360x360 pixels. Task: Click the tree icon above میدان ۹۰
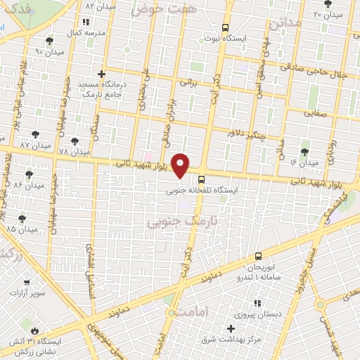[49, 41]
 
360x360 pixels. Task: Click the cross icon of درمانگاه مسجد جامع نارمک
[102, 73]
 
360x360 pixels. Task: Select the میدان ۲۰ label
[328, 14]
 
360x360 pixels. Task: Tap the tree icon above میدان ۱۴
[305, 151]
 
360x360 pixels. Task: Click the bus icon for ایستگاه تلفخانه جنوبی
[202, 179]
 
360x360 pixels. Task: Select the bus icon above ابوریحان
[259, 257]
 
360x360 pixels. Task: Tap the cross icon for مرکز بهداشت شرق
[231, 328]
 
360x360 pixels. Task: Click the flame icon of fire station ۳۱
[34, 329]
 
